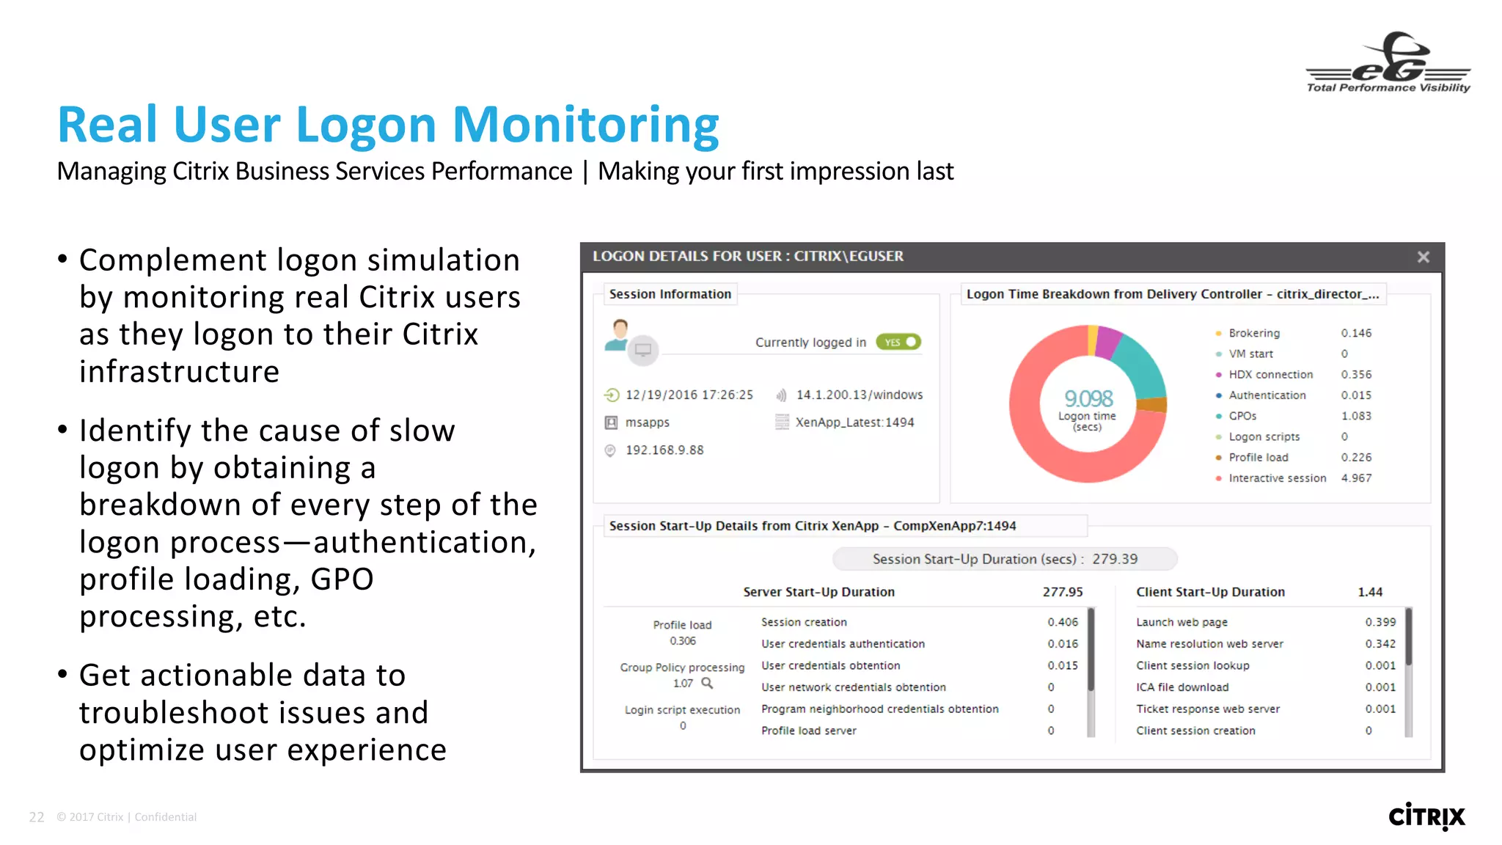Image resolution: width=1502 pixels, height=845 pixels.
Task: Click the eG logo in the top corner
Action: click(1388, 63)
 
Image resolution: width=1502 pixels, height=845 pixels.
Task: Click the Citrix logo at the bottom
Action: click(1426, 816)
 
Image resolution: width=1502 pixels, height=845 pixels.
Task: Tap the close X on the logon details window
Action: click(1423, 257)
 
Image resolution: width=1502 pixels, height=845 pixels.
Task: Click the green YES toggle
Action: click(898, 343)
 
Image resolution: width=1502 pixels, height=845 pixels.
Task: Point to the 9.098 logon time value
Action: click(1088, 398)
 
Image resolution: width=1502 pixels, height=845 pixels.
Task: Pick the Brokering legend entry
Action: click(1254, 333)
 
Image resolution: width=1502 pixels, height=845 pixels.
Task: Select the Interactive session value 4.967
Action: click(1356, 478)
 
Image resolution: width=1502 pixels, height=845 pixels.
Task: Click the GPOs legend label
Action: click(1242, 416)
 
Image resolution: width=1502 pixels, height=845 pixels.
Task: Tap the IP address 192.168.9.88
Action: click(664, 450)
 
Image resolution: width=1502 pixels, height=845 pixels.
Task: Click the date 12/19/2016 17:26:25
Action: click(689, 395)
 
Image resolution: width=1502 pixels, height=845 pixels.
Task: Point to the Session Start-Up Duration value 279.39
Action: click(1115, 559)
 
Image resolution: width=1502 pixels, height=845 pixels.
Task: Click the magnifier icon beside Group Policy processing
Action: click(707, 683)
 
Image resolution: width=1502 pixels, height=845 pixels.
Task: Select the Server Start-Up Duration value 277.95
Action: click(1063, 592)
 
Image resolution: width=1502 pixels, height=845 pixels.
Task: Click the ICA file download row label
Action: click(1182, 687)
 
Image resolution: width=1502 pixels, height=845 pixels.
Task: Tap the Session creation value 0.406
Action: click(1063, 622)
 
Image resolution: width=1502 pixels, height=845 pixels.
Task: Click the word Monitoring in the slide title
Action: click(585, 125)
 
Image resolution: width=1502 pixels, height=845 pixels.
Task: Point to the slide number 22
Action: click(37, 817)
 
